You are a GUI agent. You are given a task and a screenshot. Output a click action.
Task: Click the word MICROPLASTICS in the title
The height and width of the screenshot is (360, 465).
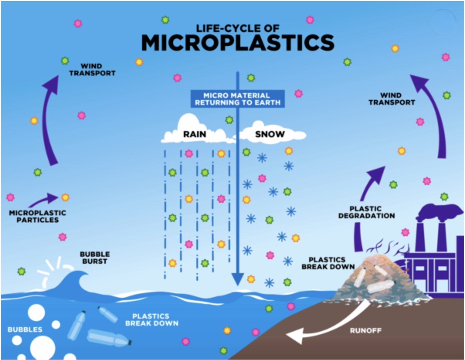[238, 42]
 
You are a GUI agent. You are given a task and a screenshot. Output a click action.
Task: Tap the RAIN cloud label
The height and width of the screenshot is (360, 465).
[195, 134]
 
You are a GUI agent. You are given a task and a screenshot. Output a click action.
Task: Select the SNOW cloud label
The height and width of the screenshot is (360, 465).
[270, 134]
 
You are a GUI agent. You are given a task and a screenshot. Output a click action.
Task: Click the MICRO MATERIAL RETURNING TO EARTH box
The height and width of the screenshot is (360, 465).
[238, 98]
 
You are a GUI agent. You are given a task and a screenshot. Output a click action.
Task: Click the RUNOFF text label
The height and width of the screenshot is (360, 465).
[365, 331]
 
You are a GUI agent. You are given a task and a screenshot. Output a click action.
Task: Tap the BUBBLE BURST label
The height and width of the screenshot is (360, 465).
[95, 258]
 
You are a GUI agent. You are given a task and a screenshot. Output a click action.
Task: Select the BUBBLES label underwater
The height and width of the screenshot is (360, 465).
[25, 329]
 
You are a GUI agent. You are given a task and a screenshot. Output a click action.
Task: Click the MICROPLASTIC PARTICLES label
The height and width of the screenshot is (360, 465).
[37, 216]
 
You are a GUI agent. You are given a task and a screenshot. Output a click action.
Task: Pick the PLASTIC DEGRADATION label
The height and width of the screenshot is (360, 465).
[367, 212]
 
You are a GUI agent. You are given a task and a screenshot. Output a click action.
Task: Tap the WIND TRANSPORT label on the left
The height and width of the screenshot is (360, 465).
[92, 70]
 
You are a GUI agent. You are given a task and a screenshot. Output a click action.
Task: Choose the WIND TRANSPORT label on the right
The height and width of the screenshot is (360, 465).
[392, 98]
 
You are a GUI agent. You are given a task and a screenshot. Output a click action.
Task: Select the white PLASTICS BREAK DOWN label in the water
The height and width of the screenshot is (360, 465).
[152, 320]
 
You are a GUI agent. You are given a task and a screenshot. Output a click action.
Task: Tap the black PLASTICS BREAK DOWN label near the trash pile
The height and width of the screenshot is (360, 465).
[328, 263]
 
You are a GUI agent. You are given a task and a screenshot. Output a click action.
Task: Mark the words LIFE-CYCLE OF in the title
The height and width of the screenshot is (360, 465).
[238, 29]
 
